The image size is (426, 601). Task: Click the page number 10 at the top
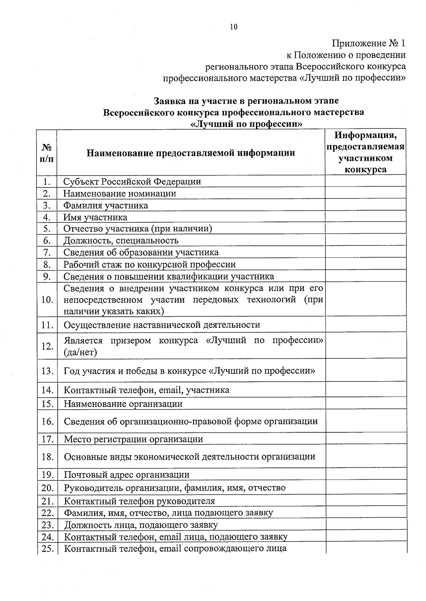coord(234,27)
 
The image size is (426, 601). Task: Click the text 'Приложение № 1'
coord(368,44)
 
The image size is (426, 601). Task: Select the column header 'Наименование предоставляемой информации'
coord(191,153)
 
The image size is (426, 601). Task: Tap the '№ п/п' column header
coord(47,153)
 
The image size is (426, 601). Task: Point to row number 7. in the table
coord(47,252)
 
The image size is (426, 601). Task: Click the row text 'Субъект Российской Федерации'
coord(132,182)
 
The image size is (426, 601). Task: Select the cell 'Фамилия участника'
coord(105,205)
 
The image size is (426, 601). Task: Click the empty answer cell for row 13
coord(366,370)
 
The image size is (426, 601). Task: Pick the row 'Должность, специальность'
coord(121,241)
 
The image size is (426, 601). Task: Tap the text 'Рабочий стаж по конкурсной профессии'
coord(149,264)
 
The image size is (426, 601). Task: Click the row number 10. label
coord(47,300)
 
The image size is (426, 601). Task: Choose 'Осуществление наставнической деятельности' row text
coord(162,325)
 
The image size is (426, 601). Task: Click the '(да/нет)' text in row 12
coord(80,352)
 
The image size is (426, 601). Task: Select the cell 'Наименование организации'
coord(123,404)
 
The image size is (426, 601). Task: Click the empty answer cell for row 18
coord(366,456)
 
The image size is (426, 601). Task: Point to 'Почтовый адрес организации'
coord(126,475)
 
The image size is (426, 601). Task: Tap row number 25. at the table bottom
coord(47,549)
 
